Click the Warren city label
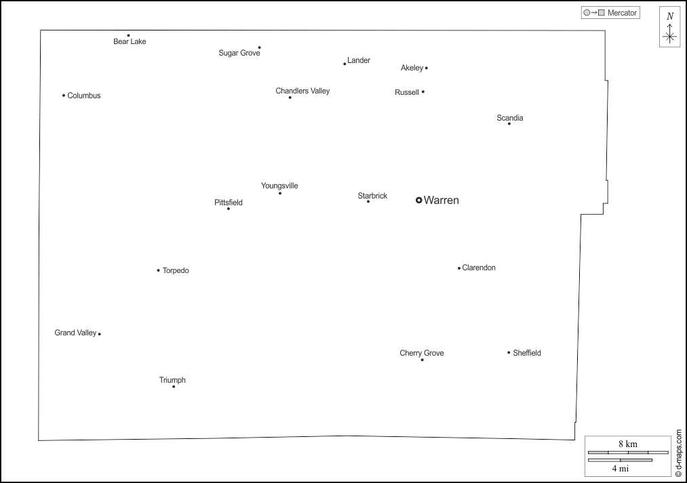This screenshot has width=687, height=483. pyautogui.click(x=441, y=200)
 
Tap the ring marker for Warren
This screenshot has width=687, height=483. pyautogui.click(x=419, y=200)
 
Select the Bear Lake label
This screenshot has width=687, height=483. pyautogui.click(x=130, y=41)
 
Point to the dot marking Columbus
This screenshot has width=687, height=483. pyautogui.click(x=64, y=96)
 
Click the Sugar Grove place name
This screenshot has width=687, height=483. pyautogui.click(x=239, y=53)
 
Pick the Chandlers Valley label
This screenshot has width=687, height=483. pyautogui.click(x=302, y=91)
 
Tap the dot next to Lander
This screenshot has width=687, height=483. pyautogui.click(x=345, y=64)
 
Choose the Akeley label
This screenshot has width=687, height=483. pyautogui.click(x=412, y=68)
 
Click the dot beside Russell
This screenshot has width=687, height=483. pyautogui.click(x=423, y=92)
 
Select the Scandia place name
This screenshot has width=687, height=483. pyautogui.click(x=509, y=118)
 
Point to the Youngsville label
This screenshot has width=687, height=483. pyautogui.click(x=279, y=186)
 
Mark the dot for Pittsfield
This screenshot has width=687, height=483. pyautogui.click(x=229, y=209)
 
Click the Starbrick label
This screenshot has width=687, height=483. pyautogui.click(x=372, y=196)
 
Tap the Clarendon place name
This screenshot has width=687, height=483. pyautogui.click(x=479, y=268)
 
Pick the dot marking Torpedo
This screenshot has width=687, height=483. pyautogui.click(x=158, y=270)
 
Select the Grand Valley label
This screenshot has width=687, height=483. pyautogui.click(x=75, y=333)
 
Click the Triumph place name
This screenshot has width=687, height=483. pyautogui.click(x=172, y=380)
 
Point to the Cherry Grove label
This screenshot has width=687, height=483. pyautogui.click(x=421, y=353)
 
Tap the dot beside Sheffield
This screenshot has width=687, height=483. pyautogui.click(x=509, y=352)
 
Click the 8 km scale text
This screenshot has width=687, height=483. pyautogui.click(x=628, y=444)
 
